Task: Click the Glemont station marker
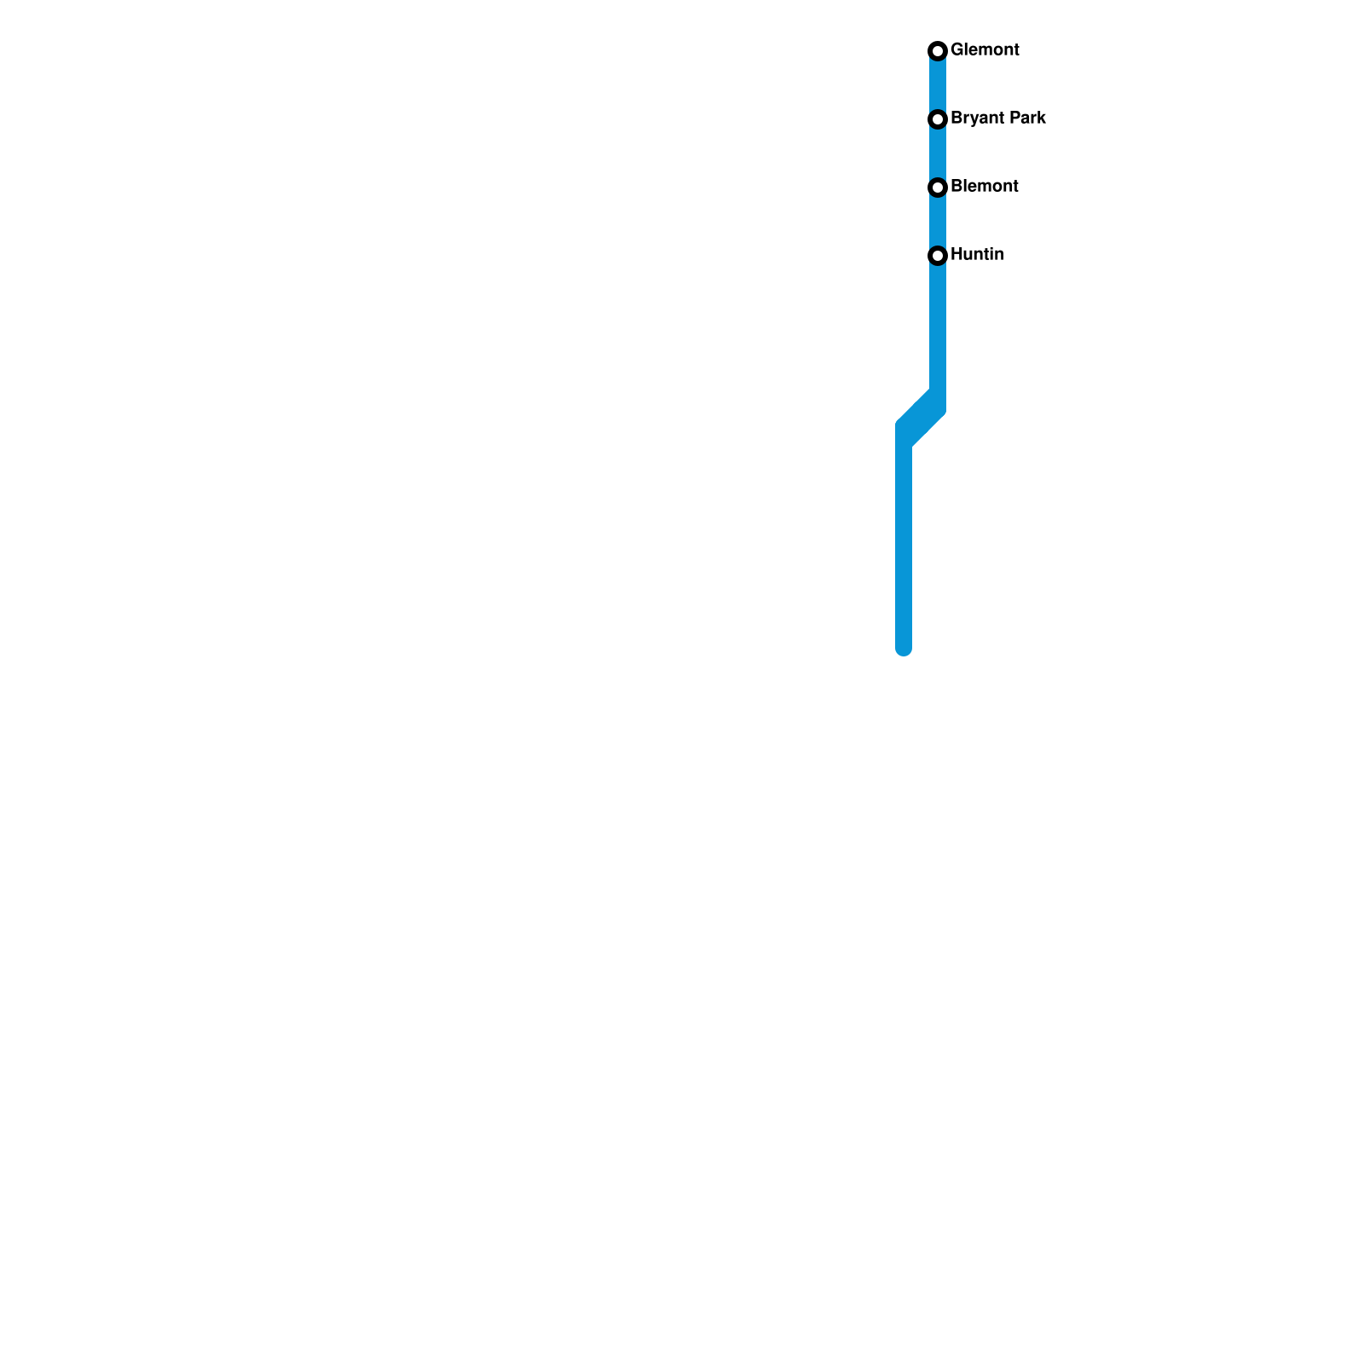(938, 51)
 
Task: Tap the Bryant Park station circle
(938, 119)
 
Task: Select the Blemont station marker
(938, 188)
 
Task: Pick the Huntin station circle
(938, 256)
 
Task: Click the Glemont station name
(985, 50)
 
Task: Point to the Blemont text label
(985, 187)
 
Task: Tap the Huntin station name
(977, 255)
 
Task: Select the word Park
(1028, 118)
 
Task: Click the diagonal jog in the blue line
(921, 419)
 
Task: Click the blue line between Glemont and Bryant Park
(938, 85)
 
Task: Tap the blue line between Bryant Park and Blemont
(938, 153)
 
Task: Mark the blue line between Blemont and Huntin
(938, 222)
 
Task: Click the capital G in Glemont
(957, 50)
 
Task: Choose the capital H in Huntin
(957, 255)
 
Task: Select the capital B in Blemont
(957, 187)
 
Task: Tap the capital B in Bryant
(957, 118)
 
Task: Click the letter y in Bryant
(973, 120)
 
